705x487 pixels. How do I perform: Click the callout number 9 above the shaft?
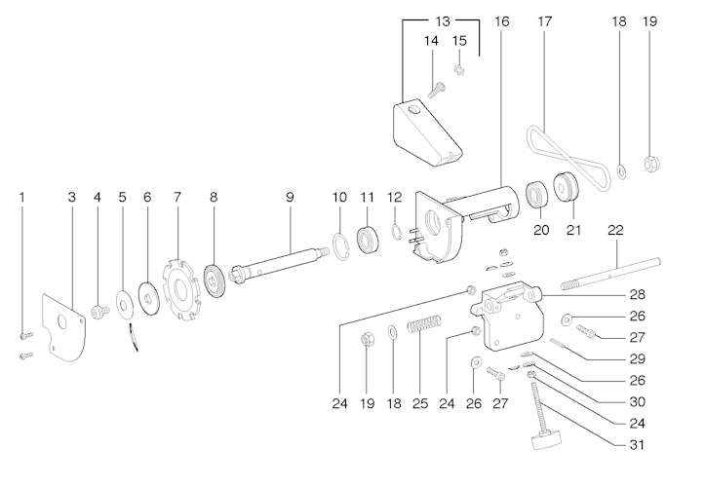290,197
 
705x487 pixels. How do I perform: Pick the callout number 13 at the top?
443,20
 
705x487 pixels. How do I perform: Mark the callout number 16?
501,20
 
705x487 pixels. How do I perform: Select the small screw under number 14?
436,90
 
